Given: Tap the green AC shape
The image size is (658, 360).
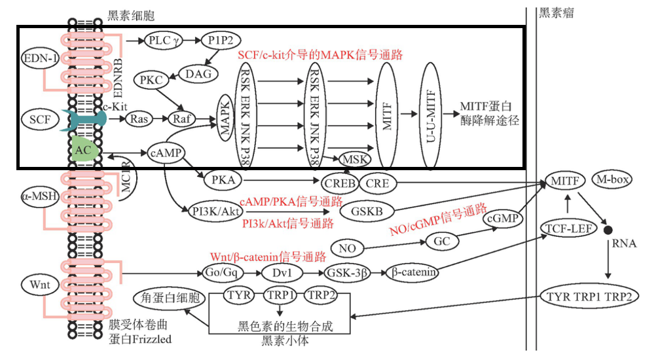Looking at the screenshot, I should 84,149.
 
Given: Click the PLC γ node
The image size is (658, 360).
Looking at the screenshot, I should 163,41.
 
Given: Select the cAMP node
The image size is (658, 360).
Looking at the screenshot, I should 165,153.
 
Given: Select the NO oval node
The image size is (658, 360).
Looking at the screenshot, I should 347,248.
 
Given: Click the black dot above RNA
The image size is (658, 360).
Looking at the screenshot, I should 608,230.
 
